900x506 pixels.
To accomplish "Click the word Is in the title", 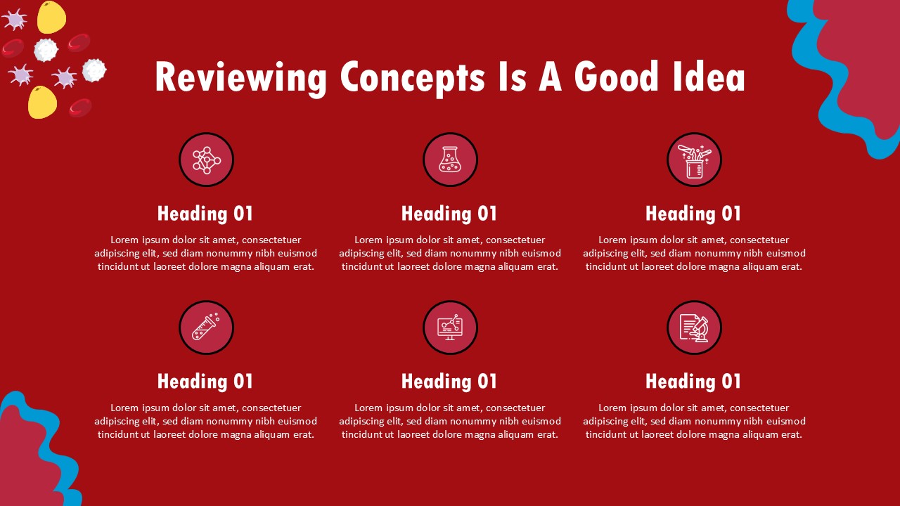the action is coord(512,77).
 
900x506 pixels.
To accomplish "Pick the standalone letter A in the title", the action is coord(550,77).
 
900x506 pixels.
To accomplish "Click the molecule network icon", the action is coord(207,160).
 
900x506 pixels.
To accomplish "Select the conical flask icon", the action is coord(450,160).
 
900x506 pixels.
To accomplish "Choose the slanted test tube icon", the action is coord(206,327).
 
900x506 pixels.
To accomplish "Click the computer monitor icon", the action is coord(450,327).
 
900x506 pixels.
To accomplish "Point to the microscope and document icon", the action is coord(694,327).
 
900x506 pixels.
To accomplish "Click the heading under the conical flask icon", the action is coord(449,214).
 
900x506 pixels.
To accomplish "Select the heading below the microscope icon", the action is coord(693,382).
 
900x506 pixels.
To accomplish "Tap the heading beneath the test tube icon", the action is coord(205,382).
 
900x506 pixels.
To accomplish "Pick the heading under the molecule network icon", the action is coord(205,214).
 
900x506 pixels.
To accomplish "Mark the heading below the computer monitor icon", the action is coord(449,382).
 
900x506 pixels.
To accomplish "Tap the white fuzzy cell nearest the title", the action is coord(94,70).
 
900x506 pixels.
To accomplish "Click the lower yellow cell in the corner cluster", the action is coord(43,103).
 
